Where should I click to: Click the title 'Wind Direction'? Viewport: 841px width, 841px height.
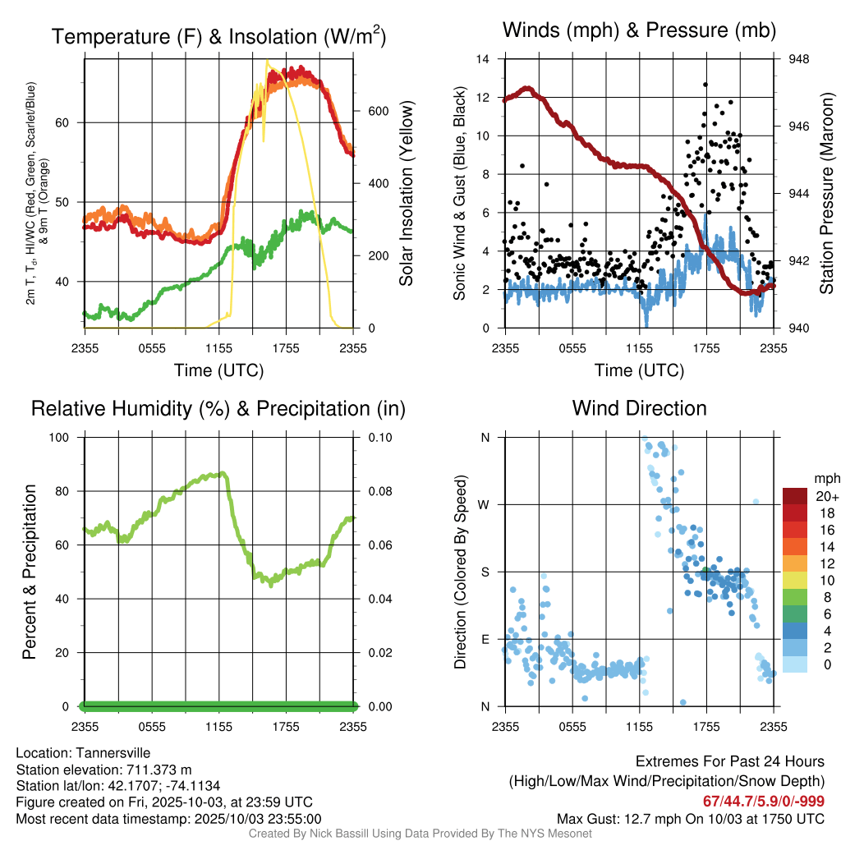click(639, 408)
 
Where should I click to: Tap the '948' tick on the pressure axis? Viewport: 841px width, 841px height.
click(798, 59)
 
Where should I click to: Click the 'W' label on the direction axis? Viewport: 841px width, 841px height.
click(485, 504)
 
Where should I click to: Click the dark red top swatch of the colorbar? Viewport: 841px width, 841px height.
click(796, 496)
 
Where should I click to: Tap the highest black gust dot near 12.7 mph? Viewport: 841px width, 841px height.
click(705, 84)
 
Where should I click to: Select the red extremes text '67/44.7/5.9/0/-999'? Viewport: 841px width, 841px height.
click(764, 801)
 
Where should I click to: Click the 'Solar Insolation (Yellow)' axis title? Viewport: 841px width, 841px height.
click(406, 193)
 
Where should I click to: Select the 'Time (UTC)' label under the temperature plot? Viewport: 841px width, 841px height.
click(218, 370)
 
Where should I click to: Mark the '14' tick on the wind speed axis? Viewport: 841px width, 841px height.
click(483, 59)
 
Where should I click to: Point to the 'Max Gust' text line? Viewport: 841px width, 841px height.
click(690, 818)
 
